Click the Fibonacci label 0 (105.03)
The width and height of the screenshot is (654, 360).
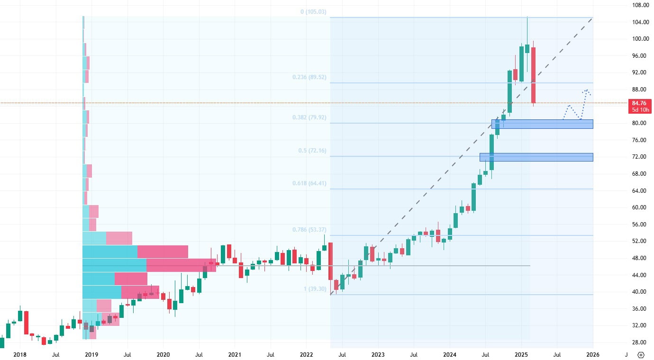313,12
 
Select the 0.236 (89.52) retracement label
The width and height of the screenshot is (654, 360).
311,77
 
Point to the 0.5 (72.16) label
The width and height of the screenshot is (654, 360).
312,151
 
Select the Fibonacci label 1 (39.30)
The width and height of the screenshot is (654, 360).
315,289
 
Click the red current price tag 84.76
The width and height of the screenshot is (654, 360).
639,103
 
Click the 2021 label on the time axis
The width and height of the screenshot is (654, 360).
235,354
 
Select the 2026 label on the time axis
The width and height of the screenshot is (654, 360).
592,354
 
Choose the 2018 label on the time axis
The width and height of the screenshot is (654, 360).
20,354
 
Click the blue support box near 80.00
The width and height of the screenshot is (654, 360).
542,124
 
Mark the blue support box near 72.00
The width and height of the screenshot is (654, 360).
536,157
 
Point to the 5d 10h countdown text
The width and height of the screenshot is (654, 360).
639,110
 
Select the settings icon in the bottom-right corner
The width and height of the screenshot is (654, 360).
641,354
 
